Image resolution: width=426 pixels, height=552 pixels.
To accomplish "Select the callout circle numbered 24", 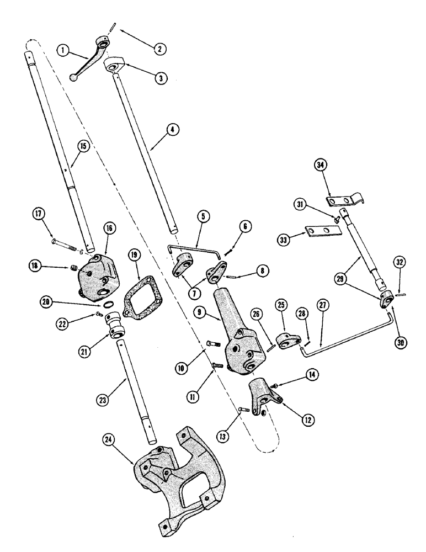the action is tap(109, 454).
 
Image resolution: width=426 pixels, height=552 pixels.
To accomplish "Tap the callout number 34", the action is tap(321, 164).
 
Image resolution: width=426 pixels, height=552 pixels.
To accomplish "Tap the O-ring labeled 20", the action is tap(110, 306).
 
